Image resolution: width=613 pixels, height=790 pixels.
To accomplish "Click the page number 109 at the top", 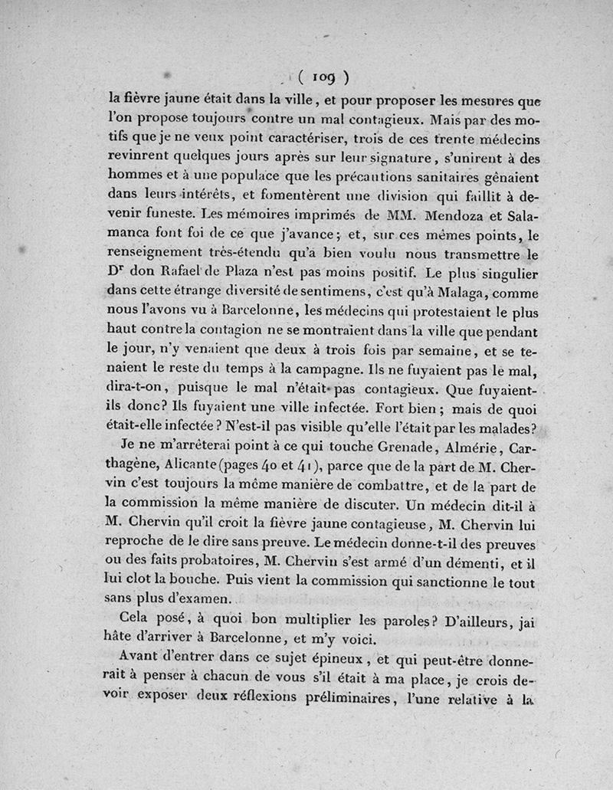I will coord(324,76).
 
